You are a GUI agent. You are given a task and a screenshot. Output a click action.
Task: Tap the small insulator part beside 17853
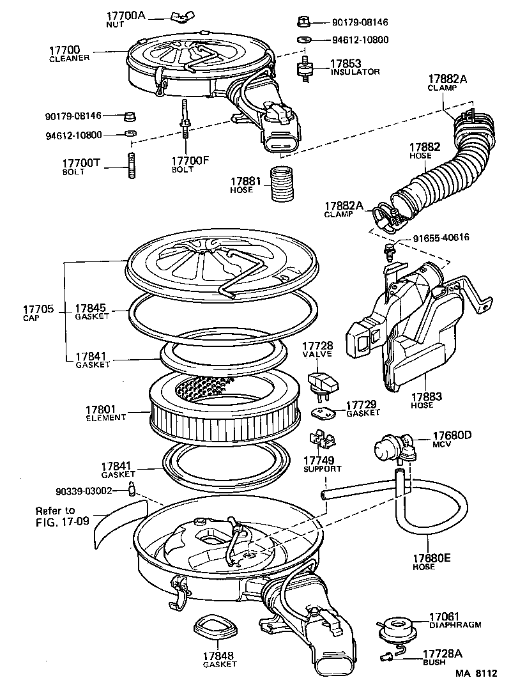[305, 66]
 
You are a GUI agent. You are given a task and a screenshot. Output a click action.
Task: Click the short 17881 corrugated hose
[281, 184]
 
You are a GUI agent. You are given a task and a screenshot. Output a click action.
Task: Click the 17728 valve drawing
[323, 382]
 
